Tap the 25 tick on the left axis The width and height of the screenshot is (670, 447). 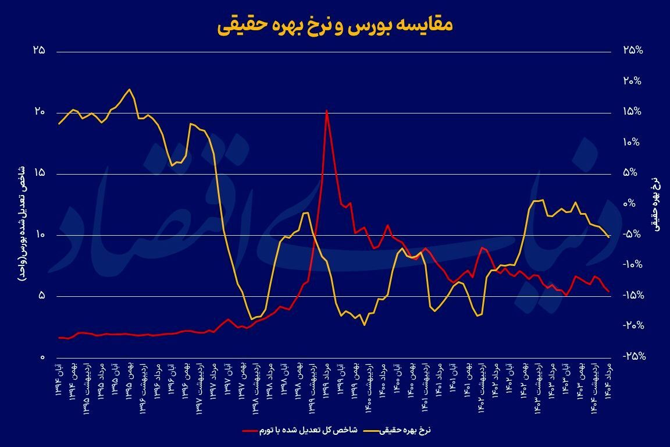[40, 51]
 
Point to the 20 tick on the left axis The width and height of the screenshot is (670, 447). [40, 112]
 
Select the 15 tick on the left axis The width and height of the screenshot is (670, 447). [40, 173]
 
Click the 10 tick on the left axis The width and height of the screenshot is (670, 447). [40, 235]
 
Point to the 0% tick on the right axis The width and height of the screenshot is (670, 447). [632, 204]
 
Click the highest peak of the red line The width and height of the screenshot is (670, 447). [327, 110]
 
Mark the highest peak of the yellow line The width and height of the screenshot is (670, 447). [129, 89]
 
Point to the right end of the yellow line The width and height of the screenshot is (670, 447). [608, 237]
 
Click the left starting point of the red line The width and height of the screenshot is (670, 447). [59, 338]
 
